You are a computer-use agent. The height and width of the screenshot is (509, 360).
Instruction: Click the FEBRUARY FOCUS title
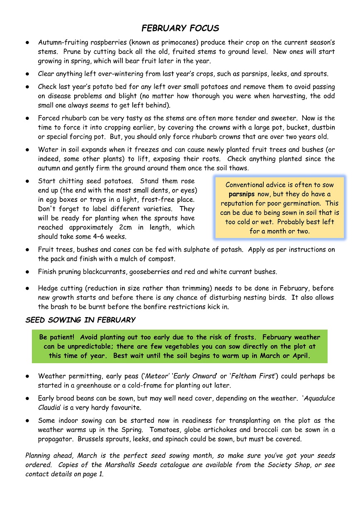click(180, 28)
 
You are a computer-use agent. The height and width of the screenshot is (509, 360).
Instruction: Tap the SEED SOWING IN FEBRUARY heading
click(80, 320)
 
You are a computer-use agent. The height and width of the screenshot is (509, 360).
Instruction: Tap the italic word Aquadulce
click(319, 398)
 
